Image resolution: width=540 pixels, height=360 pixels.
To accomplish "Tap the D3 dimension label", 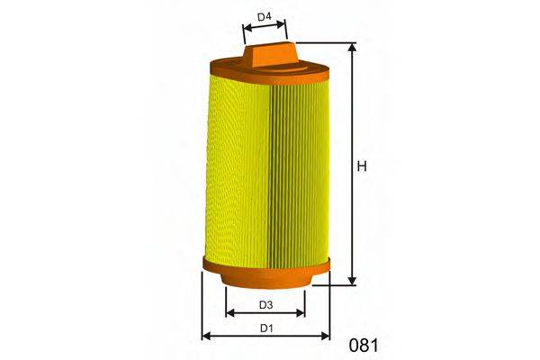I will pos(265,304).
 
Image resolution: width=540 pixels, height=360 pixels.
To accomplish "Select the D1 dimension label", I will pos(265,328).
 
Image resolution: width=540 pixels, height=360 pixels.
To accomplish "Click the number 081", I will pos(363,345).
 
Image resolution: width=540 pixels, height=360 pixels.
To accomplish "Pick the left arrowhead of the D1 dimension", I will pos(205,337).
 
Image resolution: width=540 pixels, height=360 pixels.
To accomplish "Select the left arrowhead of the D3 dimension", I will pos(229,314).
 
